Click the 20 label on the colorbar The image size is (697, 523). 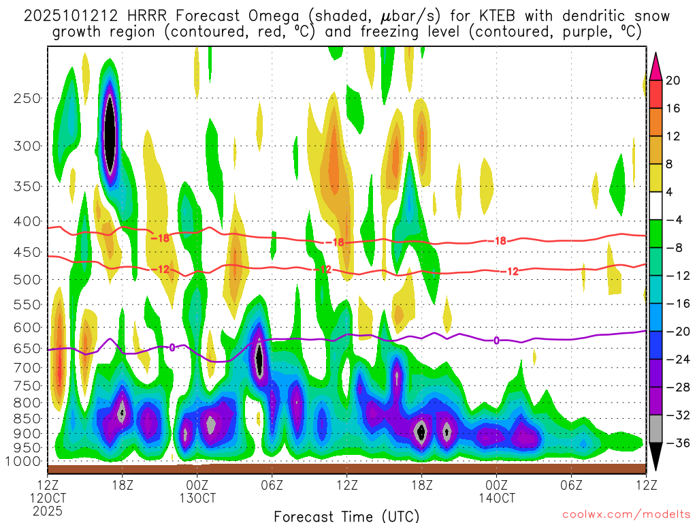pos(673,80)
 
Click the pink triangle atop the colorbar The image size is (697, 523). pos(655,66)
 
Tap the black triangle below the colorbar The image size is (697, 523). pos(655,456)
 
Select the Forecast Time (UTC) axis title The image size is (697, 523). pos(346,516)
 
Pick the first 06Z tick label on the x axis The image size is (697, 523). pos(272,485)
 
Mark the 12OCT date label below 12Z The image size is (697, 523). pos(47,498)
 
